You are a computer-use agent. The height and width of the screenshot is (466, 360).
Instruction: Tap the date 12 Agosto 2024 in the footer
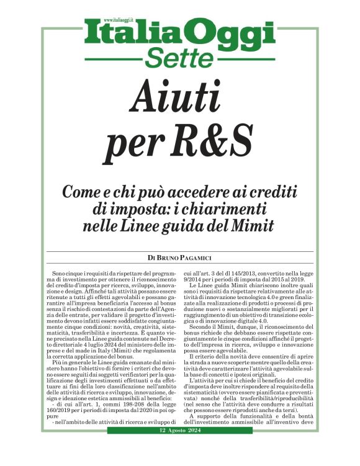point(181,448)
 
